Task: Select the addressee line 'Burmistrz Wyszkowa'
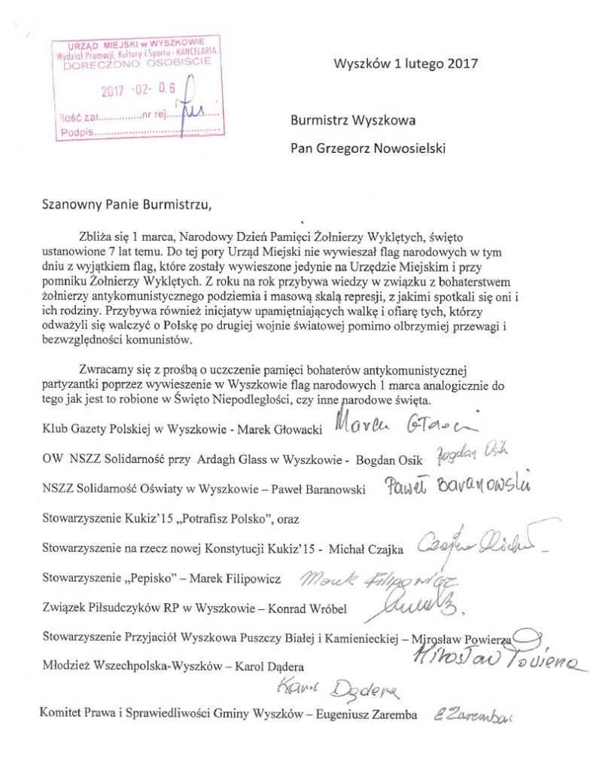click(352, 119)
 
